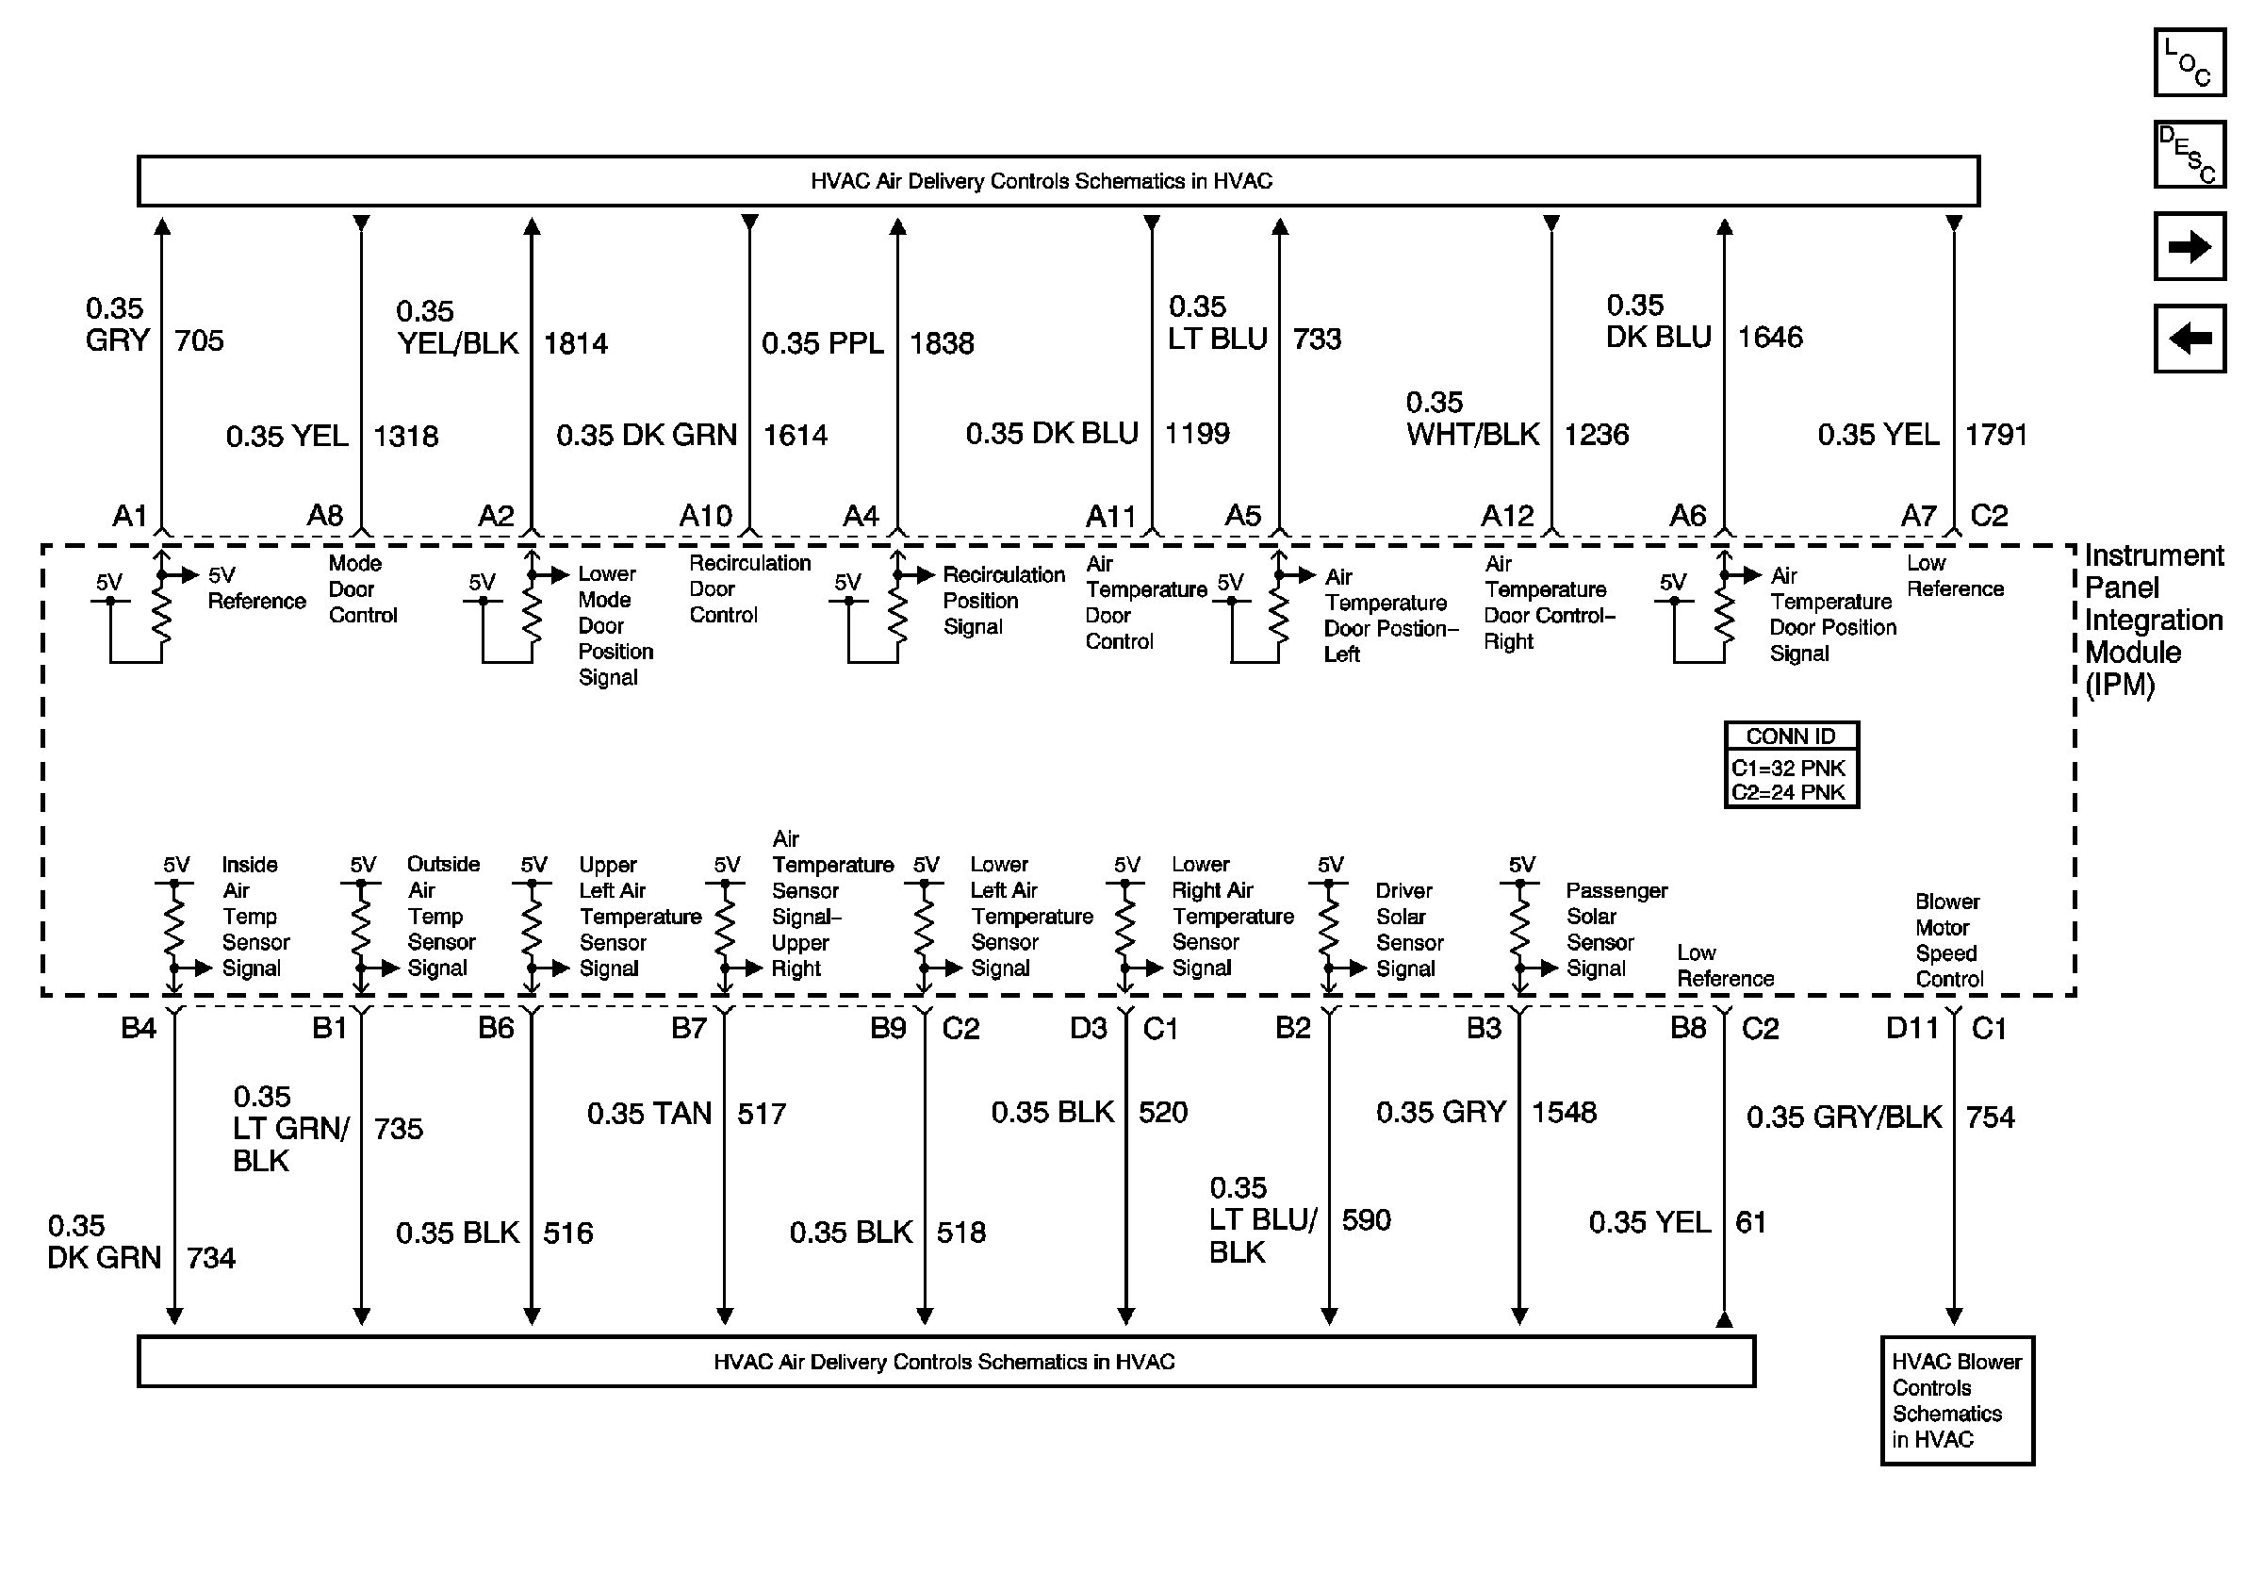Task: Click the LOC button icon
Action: tap(2188, 62)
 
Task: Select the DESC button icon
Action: tap(2188, 154)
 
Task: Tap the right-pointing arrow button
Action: tap(2188, 245)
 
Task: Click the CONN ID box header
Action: tap(1790, 736)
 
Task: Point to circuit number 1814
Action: tap(576, 343)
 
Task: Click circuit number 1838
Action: tap(941, 343)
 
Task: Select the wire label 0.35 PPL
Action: tap(823, 343)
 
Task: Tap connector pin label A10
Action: tap(705, 516)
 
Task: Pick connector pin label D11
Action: tap(1912, 1029)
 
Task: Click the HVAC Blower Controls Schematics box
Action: tap(1957, 1399)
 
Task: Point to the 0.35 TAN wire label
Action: tap(648, 1114)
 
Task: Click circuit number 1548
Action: tap(1563, 1113)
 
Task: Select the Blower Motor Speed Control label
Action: tap(1948, 940)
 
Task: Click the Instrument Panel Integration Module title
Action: tap(2153, 620)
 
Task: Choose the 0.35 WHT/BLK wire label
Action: tap(1472, 418)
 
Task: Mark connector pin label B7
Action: tap(688, 1029)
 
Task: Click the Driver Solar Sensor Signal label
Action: tap(1408, 929)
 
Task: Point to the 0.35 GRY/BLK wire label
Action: tap(1843, 1117)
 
